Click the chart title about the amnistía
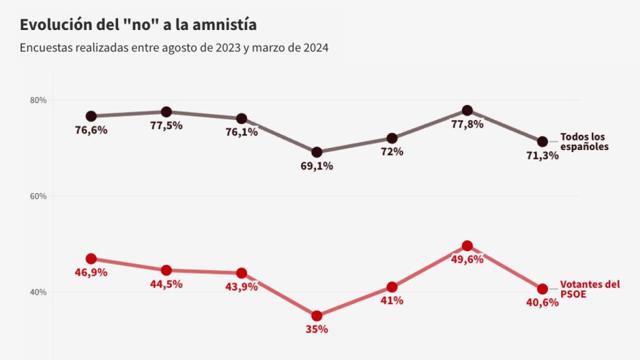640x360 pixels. coord(138,25)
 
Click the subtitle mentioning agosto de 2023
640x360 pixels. coord(174,47)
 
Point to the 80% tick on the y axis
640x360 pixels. coord(39,100)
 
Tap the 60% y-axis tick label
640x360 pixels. coord(39,196)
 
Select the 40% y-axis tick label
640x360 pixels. coord(39,292)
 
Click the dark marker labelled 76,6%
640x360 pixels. coord(91,116)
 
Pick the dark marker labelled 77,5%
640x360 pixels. coord(166,112)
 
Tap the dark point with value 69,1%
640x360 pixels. coord(317,152)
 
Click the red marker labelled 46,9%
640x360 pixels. coord(91,259)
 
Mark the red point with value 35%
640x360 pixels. coord(317,316)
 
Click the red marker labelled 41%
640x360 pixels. coord(392,287)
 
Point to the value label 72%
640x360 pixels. coord(391,152)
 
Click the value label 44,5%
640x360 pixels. coord(166,284)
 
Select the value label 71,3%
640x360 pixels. coord(542,156)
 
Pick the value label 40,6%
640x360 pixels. coord(542,303)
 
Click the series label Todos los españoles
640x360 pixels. coord(584,142)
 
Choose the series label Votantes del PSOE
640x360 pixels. coord(590,289)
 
